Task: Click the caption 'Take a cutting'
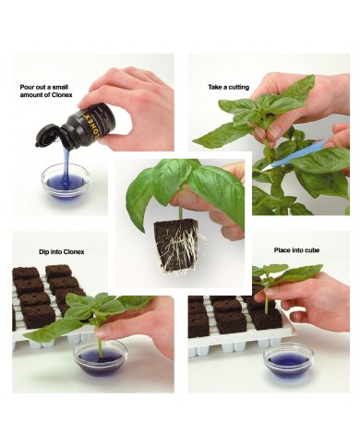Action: point(229,87)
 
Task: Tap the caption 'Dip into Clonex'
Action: point(62,252)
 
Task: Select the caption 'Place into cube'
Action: point(296,250)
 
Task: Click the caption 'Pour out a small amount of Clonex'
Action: point(46,91)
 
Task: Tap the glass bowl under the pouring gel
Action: point(66,181)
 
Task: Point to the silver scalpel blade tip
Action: point(260,170)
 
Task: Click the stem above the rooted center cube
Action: point(179,213)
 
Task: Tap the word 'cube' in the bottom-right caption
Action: point(312,250)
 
